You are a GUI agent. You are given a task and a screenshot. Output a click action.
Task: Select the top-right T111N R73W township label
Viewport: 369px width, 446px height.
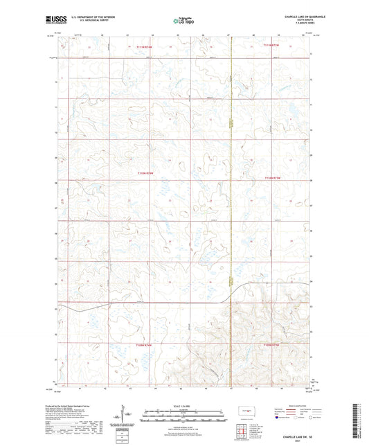(x=275, y=46)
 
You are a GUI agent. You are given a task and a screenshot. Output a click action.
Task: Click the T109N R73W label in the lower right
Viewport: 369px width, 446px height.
(x=275, y=344)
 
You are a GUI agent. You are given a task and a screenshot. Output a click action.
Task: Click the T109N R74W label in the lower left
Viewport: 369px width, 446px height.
(x=144, y=344)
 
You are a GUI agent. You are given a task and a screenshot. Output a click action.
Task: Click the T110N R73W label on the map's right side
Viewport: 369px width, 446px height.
(x=275, y=178)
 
